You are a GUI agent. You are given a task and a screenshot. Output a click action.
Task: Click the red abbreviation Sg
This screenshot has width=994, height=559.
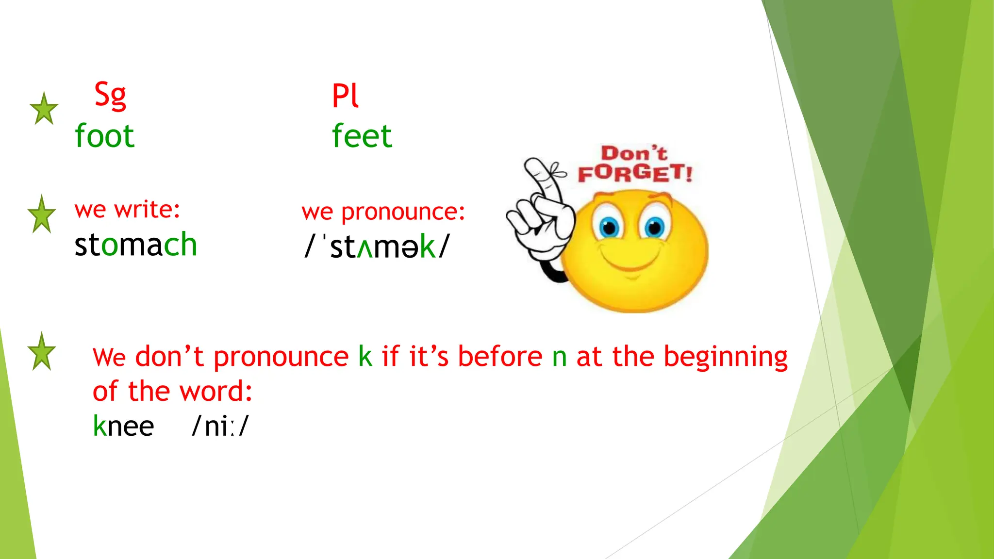[x=110, y=95]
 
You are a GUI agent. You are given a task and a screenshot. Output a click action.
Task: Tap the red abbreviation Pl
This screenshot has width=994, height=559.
[x=345, y=95]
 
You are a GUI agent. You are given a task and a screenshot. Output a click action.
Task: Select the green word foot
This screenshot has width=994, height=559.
[x=104, y=136]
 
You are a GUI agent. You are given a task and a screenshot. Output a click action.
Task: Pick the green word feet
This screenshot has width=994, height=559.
[x=362, y=136]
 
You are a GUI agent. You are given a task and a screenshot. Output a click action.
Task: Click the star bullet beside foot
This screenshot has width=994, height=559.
[x=44, y=109]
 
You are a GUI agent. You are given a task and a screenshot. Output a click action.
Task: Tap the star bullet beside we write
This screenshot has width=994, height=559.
[x=42, y=214]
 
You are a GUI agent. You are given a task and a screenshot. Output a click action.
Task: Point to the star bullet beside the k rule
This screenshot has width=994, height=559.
[x=42, y=352]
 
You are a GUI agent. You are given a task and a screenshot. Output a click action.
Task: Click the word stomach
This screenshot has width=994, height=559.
[x=136, y=244]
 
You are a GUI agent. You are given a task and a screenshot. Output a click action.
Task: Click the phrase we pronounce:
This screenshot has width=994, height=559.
[x=383, y=212]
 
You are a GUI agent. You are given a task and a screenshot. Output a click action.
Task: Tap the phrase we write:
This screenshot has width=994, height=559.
[x=127, y=210]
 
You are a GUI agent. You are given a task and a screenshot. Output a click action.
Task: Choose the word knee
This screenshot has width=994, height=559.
[x=123, y=426]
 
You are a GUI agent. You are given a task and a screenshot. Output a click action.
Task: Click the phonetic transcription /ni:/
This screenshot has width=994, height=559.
[x=220, y=426]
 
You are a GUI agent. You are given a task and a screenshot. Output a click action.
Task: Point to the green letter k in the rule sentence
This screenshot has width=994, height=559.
[x=365, y=357]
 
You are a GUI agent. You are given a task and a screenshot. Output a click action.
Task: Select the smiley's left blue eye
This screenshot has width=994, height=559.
[x=609, y=227]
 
